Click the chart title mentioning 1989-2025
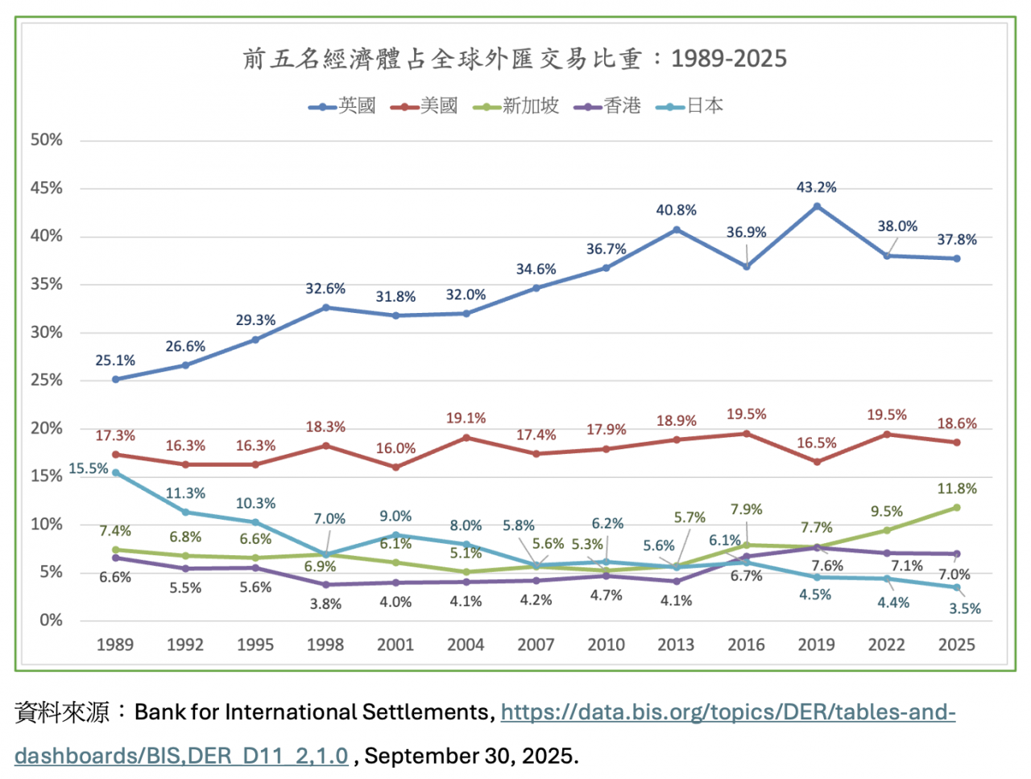(x=515, y=59)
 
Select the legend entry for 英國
(x=342, y=106)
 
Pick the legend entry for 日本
(x=690, y=106)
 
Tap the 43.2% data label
(x=816, y=188)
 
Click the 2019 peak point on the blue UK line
(x=817, y=206)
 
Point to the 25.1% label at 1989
(x=115, y=361)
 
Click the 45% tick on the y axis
(x=47, y=188)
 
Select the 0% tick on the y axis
(x=51, y=620)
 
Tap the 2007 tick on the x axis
(x=536, y=645)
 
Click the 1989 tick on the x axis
(x=115, y=645)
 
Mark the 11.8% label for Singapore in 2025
(x=957, y=489)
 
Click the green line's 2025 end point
(x=957, y=507)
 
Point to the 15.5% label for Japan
(x=88, y=468)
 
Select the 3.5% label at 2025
(x=965, y=608)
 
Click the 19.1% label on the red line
(x=466, y=418)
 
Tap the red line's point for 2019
(x=817, y=462)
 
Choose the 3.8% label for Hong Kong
(x=325, y=604)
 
